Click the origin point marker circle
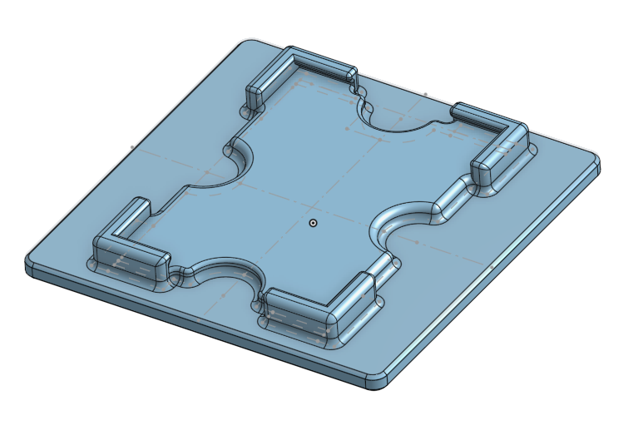(313, 223)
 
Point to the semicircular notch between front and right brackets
(408, 220)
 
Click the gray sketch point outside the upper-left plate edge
(132, 147)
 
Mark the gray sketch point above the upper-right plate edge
(426, 95)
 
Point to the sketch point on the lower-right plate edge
(492, 266)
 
